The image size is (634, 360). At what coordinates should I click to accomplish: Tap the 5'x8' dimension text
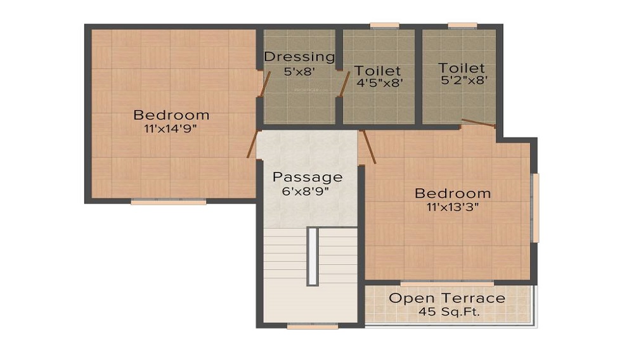pos(299,72)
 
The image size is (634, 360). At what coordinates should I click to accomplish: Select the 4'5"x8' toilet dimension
pos(380,83)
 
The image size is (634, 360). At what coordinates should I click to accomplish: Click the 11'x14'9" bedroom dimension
pos(171,129)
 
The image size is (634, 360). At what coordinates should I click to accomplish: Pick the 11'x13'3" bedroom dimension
pos(453,207)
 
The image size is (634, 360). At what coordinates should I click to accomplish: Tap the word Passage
pos(307,177)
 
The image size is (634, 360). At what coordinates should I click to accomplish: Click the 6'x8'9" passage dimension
pos(306,191)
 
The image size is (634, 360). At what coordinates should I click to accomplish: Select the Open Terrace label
pos(447,298)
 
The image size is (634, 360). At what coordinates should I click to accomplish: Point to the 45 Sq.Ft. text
pos(449,312)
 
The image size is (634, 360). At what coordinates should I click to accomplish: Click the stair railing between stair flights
pos(313,257)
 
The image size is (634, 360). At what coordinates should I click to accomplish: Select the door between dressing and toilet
pos(344,84)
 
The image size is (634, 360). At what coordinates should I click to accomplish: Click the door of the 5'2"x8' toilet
pos(479,123)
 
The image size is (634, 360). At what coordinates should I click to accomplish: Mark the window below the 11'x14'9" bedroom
pos(169,201)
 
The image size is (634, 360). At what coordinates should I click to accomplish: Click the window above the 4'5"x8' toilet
pos(385,26)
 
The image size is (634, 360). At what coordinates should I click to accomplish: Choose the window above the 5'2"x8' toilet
pos(462,26)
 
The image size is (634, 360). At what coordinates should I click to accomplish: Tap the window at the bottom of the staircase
pos(313,326)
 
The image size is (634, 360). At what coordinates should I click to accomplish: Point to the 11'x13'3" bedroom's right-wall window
pos(536,208)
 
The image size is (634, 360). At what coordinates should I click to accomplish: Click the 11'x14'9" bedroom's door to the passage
pos(252,144)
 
